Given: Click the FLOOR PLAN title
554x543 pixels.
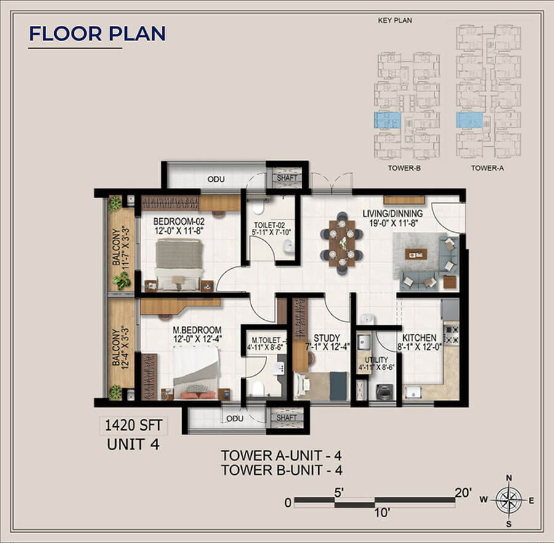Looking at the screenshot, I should [97, 33].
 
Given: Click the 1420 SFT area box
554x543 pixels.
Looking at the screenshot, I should [134, 424].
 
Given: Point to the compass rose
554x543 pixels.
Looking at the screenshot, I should [508, 500].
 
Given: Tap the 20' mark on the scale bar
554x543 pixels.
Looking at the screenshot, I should [463, 492].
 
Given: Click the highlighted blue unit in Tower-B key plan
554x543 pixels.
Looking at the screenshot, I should [387, 120].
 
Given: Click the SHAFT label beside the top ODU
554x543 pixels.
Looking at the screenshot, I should [287, 178].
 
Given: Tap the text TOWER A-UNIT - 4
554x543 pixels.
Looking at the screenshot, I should [281, 456].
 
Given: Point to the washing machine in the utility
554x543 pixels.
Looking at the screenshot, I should [385, 393].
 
